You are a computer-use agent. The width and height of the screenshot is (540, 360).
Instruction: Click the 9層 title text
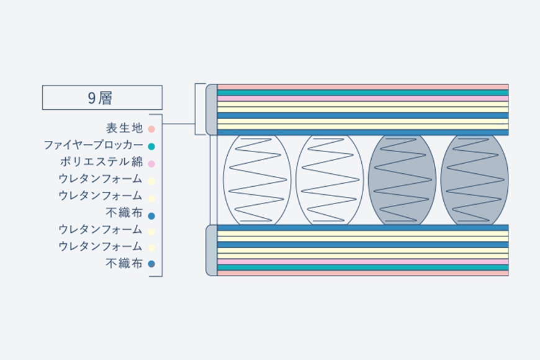click(100, 98)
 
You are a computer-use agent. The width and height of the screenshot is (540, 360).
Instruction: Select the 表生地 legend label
click(124, 128)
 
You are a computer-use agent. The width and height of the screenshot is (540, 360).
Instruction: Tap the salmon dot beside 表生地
click(151, 129)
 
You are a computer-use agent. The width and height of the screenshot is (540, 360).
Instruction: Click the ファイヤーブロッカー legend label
click(93, 145)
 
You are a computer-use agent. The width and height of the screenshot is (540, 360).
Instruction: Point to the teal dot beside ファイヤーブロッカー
click(151, 146)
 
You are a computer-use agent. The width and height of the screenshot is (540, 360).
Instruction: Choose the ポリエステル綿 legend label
click(102, 162)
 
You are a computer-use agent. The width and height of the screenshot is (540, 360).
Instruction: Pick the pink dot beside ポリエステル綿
click(151, 164)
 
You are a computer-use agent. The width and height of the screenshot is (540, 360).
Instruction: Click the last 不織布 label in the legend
click(124, 264)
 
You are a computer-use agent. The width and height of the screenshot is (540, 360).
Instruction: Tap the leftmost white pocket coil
click(257, 179)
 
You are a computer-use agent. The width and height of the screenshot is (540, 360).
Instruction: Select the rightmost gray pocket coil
click(474, 179)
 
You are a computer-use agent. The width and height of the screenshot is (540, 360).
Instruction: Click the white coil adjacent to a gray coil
click(330, 179)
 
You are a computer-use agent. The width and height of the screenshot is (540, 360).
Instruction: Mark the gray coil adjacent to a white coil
click(402, 179)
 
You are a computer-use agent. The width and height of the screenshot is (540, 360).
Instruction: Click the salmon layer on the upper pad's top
click(363, 87)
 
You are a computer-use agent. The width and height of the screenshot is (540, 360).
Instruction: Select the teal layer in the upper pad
click(363, 92)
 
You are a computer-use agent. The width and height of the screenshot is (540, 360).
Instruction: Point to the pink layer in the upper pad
click(363, 98)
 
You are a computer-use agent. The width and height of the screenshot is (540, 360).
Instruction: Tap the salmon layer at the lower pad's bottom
click(363, 273)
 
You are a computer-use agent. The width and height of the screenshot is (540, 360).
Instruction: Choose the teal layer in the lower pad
click(363, 268)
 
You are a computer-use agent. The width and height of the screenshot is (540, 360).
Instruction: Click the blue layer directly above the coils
click(363, 132)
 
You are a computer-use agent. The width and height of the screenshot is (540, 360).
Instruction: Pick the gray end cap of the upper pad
click(212, 109)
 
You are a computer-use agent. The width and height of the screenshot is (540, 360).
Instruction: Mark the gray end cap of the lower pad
click(212, 251)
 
